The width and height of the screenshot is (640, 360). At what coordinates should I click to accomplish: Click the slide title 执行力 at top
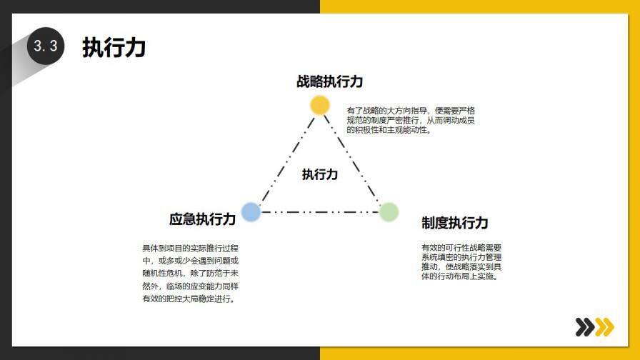tap(114, 48)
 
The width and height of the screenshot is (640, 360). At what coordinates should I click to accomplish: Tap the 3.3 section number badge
tap(46, 46)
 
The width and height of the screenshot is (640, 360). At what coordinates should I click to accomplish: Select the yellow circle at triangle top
tap(320, 105)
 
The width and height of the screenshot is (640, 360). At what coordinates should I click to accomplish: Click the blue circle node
tap(251, 211)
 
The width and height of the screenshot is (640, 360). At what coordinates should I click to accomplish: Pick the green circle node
tap(389, 211)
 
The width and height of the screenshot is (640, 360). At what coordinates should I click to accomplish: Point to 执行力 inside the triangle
tap(319, 174)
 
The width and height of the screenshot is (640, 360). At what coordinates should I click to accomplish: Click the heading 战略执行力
tap(330, 81)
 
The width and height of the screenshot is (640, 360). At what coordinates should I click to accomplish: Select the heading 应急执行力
tap(202, 219)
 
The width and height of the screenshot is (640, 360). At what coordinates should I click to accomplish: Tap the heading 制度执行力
tap(455, 223)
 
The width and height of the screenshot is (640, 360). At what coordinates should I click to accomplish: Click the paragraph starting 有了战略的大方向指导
tap(411, 121)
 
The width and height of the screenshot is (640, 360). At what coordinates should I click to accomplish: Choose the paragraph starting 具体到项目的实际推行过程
tap(191, 273)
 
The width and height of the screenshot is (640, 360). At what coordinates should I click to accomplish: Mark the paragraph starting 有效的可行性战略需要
tap(461, 261)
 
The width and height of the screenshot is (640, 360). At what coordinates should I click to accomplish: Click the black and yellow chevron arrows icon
tap(594, 327)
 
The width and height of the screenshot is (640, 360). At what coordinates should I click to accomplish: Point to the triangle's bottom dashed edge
tap(319, 212)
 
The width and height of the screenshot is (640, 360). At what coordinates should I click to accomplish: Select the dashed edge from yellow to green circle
tap(355, 159)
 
